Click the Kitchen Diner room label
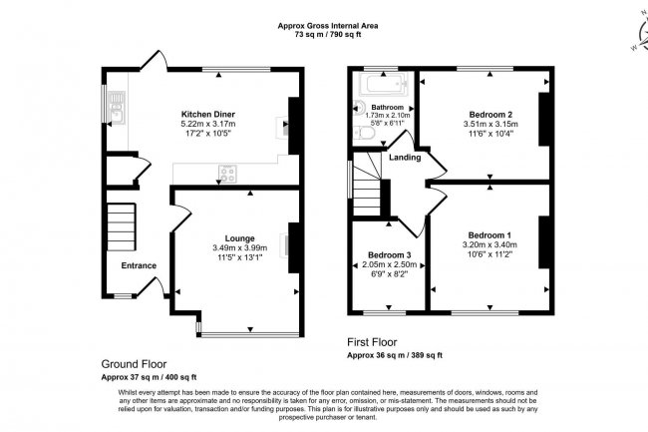click(x=206, y=114)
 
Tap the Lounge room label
click(x=239, y=238)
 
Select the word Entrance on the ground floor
click(x=139, y=265)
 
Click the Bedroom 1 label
click(x=489, y=233)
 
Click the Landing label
click(x=404, y=158)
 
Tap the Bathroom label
click(x=387, y=106)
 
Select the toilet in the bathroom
click(x=365, y=132)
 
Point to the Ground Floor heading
click(x=135, y=363)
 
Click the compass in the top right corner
click(x=636, y=30)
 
